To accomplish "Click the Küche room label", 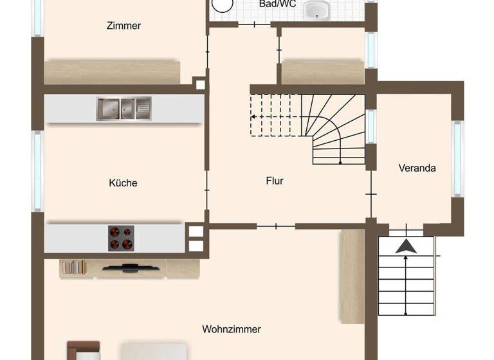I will coord(123,183).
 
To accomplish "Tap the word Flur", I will coord(275,181).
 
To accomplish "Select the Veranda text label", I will coord(417,168).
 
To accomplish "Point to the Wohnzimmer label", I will coord(232,329).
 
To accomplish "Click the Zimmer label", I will coord(123,26).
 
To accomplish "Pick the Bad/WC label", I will coord(277,4).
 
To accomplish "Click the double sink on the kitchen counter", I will coord(123,109).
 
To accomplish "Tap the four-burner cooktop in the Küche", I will coord(121,238).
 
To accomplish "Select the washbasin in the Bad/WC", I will coord(317,10).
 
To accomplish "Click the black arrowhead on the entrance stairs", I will coord(405,246).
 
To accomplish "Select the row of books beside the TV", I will coord(74,266).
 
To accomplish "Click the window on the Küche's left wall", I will coord(37,171).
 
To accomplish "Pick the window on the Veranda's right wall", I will coord(457,158).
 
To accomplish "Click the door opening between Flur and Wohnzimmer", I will coord(276,226).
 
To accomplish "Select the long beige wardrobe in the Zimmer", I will coord(112,72).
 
